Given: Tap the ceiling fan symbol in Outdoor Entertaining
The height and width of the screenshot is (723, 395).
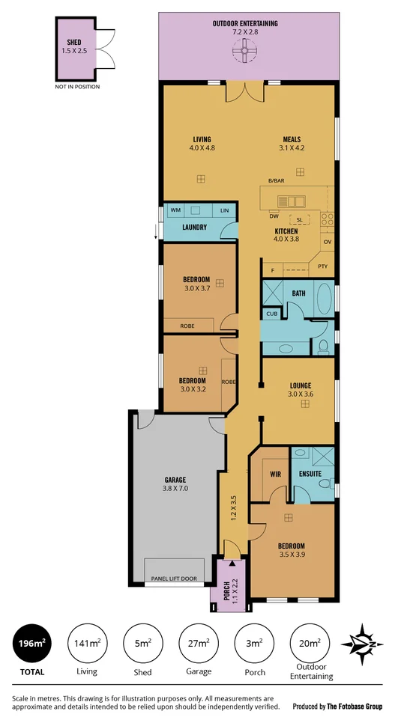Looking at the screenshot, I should [x=245, y=52].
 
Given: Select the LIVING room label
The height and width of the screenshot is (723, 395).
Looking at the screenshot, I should [x=201, y=139].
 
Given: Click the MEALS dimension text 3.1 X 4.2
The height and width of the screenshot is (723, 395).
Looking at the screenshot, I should [x=292, y=148].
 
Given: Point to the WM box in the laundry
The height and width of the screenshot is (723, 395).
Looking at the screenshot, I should [x=175, y=210].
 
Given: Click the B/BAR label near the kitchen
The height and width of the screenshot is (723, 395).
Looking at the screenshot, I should [x=277, y=181].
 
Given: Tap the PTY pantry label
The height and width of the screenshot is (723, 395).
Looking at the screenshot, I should [x=322, y=266].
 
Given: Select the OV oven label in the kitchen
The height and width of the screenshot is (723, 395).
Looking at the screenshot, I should [x=327, y=242].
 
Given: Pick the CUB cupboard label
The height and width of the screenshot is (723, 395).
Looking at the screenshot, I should [x=271, y=314].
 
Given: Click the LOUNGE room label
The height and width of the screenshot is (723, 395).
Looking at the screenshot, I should [x=300, y=386].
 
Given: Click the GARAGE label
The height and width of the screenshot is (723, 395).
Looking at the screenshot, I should [x=175, y=480].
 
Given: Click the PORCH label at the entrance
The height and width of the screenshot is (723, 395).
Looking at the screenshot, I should [x=226, y=591].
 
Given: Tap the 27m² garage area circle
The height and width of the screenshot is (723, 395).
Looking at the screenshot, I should [x=198, y=644].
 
